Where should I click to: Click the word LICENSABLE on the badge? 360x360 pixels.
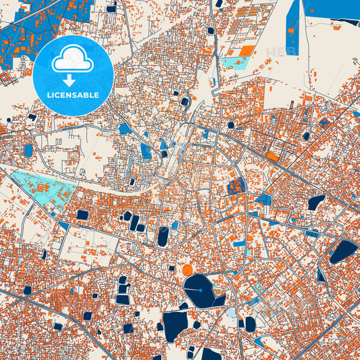click(x=73, y=95)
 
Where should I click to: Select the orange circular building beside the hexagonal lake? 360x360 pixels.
click(x=188, y=270)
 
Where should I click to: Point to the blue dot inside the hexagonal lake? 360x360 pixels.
click(x=201, y=290)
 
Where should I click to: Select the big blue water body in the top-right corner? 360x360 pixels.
click(x=331, y=9)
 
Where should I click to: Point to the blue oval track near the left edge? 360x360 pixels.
click(x=28, y=150)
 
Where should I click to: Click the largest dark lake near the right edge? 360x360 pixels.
click(x=342, y=251)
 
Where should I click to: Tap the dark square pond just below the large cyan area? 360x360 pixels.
click(x=82, y=215)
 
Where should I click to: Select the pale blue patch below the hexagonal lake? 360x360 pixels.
click(x=232, y=313)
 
